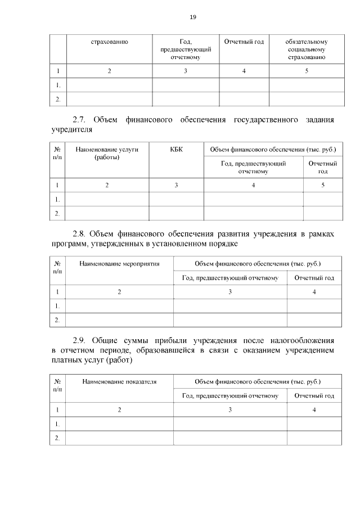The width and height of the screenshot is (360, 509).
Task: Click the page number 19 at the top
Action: pyautogui.click(x=192, y=17)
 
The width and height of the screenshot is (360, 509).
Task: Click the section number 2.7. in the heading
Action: pyautogui.click(x=82, y=120)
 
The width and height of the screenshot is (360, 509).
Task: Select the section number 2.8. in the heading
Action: pyautogui.click(x=81, y=234)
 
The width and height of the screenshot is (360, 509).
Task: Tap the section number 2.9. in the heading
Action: pyautogui.click(x=82, y=341)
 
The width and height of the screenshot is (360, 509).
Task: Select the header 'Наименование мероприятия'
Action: pyautogui.click(x=119, y=263)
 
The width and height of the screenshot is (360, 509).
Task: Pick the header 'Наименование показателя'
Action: pyautogui.click(x=119, y=381)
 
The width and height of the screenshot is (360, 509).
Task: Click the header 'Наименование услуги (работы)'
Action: pyautogui.click(x=107, y=153)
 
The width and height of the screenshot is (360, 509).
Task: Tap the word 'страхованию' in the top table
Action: pyautogui.click(x=110, y=42)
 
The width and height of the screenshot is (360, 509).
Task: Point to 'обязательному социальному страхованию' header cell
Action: pyautogui.click(x=307, y=49)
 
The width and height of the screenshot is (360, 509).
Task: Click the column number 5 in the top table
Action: pyautogui.click(x=307, y=71)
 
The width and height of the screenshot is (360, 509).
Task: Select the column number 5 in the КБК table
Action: pyautogui.click(x=323, y=185)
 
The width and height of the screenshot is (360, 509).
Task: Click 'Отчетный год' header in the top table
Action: pyautogui.click(x=244, y=42)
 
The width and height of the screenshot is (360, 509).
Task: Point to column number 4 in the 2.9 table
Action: pyautogui.click(x=314, y=409)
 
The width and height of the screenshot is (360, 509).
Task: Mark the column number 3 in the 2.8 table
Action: pyautogui.click(x=230, y=291)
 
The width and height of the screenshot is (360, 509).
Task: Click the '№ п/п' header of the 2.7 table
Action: pyautogui.click(x=57, y=153)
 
